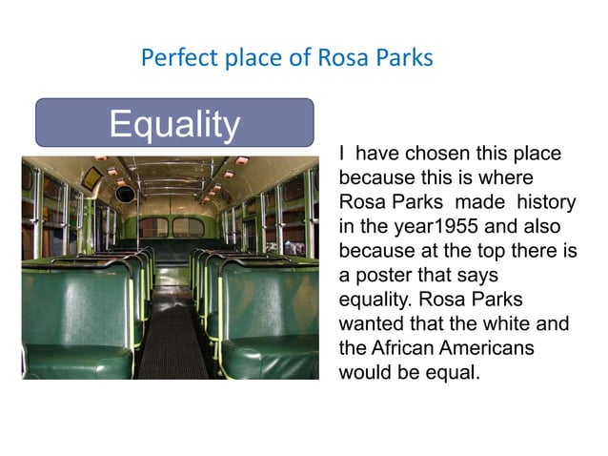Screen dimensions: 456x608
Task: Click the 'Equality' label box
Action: [174, 123]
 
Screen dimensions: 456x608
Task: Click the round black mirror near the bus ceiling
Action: [126, 194]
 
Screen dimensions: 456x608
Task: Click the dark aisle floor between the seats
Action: [172, 334]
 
